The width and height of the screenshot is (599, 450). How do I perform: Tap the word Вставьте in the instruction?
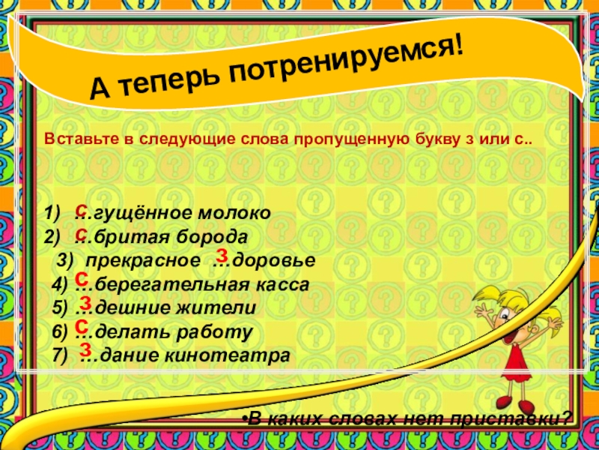tap(73, 139)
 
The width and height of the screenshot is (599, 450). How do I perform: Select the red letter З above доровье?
tap(222, 254)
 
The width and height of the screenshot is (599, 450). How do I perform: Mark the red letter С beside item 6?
tap(82, 326)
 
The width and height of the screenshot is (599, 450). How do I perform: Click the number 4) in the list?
tap(60, 285)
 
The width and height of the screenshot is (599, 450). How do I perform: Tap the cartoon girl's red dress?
tap(514, 356)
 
